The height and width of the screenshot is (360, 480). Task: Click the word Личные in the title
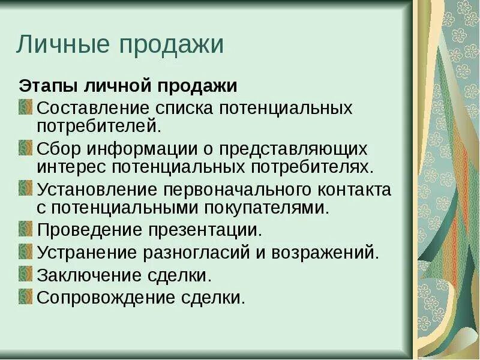point(60,46)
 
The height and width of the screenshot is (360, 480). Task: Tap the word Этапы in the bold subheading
point(45,86)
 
